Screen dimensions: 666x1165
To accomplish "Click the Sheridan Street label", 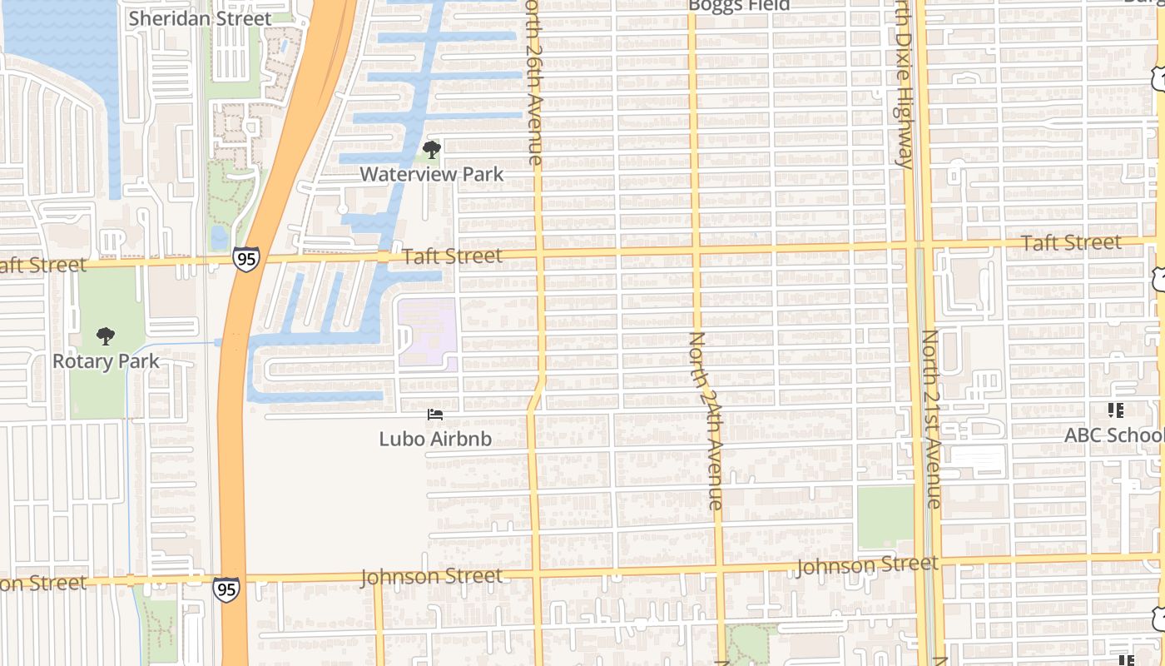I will [x=200, y=18].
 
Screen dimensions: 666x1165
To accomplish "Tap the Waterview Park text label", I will [x=431, y=174].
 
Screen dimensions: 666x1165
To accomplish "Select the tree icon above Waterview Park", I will [x=431, y=151].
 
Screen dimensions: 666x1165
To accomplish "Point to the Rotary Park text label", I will [x=106, y=361].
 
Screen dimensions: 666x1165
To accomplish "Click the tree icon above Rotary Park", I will [x=105, y=336].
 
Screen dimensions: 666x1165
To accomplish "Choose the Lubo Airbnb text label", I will [x=435, y=439].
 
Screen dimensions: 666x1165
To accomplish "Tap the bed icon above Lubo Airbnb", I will [x=434, y=414].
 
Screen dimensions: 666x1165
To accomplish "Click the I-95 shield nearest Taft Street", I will [x=245, y=259].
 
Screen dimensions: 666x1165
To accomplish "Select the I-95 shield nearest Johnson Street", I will [x=226, y=589].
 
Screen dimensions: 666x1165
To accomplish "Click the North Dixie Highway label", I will [x=905, y=83].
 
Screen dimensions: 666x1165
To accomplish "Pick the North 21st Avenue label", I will [x=931, y=419].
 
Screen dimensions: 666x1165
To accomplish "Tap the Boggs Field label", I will [x=739, y=6].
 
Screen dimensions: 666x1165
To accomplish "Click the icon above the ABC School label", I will [x=1116, y=410].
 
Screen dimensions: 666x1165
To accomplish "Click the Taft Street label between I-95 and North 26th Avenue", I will [x=453, y=256].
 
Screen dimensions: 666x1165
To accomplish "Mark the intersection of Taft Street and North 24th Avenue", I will [x=695, y=250].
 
